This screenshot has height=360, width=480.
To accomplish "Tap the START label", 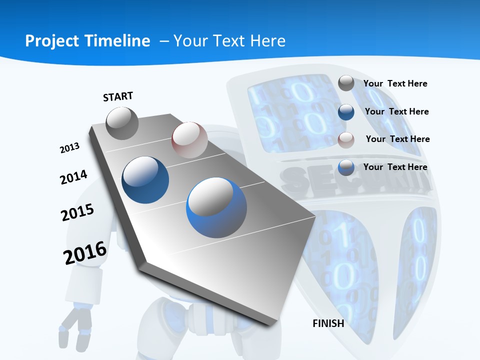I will point(118,96).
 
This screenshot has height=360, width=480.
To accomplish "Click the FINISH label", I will point(328,323).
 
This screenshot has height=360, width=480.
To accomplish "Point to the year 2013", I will point(70,148).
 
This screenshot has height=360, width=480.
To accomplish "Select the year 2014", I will point(73,177).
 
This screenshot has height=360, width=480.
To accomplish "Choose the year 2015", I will point(77,212).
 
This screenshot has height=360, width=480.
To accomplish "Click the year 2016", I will point(85,252).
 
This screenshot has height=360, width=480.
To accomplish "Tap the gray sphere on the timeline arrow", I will point(122,123).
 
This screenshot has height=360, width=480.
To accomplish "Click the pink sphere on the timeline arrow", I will point(189,139).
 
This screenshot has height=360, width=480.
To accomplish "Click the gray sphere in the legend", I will point(346,83).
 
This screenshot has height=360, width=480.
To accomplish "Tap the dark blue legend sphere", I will point(346,112).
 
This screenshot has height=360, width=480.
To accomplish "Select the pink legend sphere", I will point(346,140).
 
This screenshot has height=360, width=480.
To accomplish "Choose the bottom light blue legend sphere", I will point(346,167).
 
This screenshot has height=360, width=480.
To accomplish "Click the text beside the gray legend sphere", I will point(395,84).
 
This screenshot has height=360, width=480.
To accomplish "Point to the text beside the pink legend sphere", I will point(397,139).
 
